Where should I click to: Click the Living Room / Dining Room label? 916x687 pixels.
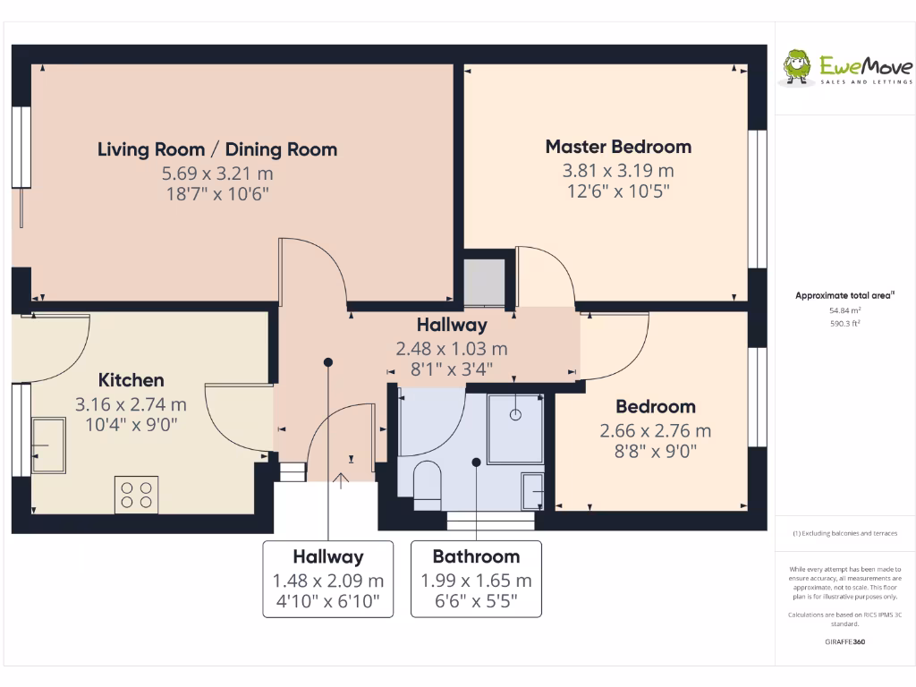217,149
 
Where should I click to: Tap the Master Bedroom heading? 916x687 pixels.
618,147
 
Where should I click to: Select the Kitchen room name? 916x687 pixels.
131,380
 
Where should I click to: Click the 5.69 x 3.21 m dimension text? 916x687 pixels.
217,173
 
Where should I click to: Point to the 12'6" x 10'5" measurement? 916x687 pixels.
618,191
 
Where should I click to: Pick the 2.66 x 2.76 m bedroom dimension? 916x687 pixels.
655,430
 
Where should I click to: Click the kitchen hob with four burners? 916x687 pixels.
136,495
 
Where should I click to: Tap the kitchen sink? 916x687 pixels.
47,445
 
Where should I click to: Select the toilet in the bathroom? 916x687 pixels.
428,482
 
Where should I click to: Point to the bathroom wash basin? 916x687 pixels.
532,490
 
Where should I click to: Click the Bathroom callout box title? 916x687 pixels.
476,556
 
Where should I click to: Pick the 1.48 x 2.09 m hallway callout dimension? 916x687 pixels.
328,581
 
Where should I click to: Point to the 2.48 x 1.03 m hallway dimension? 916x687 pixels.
452,348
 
